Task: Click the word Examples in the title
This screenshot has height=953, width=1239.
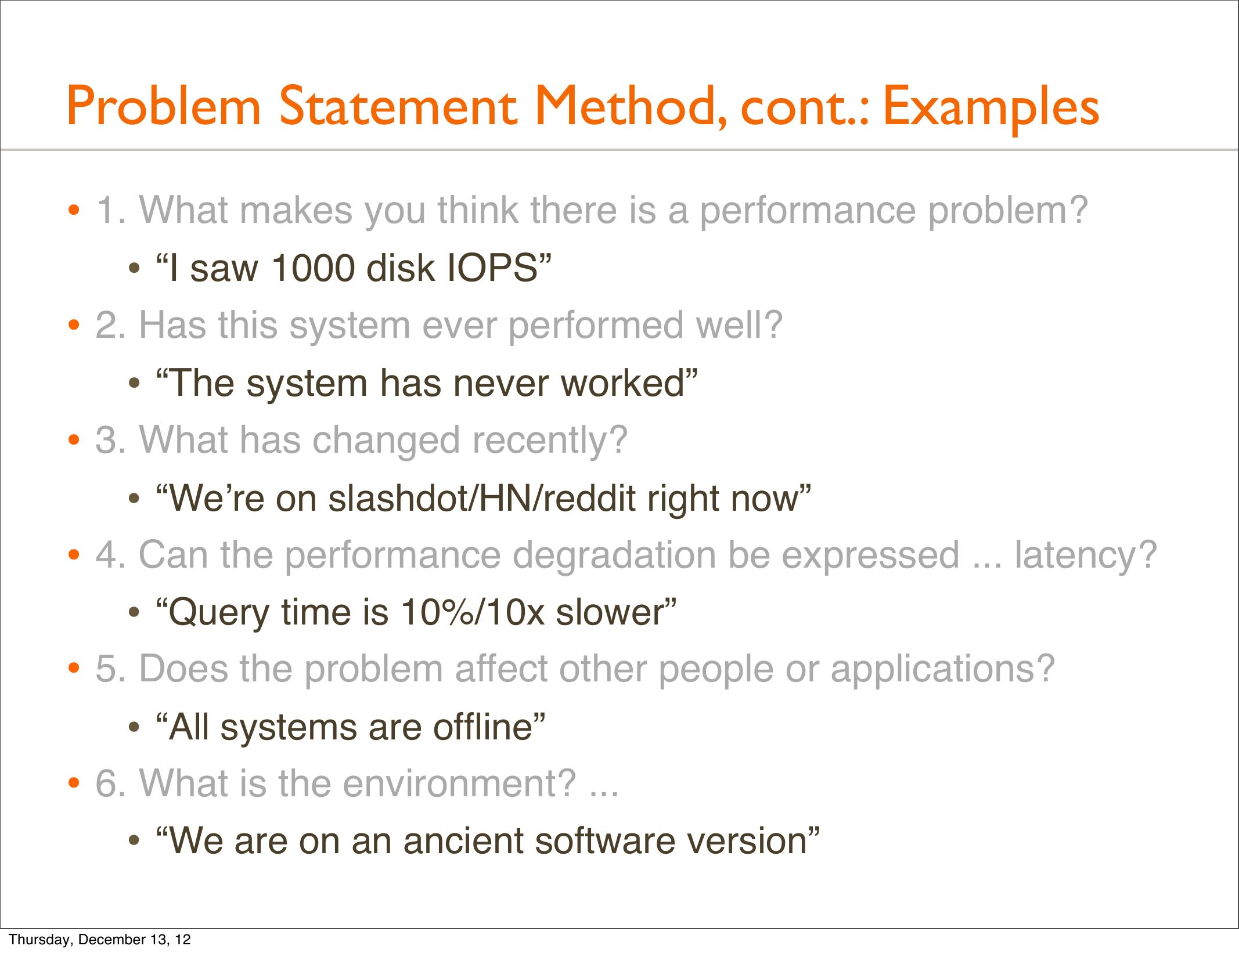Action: [x=991, y=107]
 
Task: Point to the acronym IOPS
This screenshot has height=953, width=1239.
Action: [x=491, y=268]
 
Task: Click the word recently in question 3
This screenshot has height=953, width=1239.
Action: [x=550, y=441]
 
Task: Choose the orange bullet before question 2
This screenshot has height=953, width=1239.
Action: [x=73, y=325]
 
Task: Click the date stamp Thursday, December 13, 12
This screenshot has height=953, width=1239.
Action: [x=100, y=939]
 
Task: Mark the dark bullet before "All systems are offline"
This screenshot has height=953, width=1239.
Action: [x=134, y=728]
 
